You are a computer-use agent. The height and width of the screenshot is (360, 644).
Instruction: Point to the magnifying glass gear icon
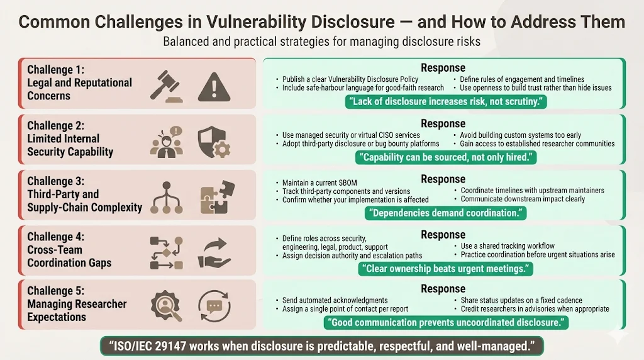(x=166, y=306)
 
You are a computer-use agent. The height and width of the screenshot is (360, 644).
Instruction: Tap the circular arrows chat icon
(x=214, y=306)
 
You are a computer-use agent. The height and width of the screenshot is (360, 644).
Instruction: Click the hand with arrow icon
(x=214, y=251)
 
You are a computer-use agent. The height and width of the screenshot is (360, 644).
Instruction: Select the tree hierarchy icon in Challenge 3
(x=166, y=197)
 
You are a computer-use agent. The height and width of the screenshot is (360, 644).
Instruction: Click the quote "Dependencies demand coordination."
(x=445, y=213)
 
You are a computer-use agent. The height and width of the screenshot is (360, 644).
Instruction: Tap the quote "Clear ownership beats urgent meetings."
(x=445, y=269)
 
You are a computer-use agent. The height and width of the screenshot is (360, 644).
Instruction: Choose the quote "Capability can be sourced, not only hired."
(x=445, y=157)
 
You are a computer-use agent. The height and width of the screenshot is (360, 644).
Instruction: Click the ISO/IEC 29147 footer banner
(x=322, y=346)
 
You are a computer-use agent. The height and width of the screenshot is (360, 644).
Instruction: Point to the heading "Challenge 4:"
(x=55, y=237)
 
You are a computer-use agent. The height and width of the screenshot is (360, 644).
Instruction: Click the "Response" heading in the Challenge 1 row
(x=443, y=68)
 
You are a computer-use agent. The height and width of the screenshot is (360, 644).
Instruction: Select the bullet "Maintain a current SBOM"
(x=319, y=183)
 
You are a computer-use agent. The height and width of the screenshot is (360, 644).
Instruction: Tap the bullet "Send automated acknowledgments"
(x=335, y=300)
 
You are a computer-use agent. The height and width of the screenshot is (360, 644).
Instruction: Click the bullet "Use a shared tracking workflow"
(x=508, y=246)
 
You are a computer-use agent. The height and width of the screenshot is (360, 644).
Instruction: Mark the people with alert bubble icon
(x=166, y=142)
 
